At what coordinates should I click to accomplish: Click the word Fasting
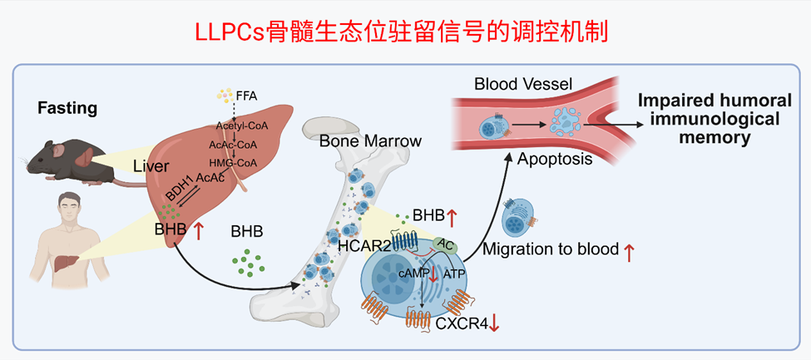coord(67,108)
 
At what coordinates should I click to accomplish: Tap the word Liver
coord(151,168)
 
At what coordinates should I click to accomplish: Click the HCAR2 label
coord(365,246)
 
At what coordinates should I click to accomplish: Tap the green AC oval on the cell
coord(447,247)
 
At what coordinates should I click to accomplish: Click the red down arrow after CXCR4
coord(495,324)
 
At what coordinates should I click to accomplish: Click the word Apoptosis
coord(555,158)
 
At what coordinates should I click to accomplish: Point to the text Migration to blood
coord(550,249)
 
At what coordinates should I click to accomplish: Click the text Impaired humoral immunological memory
coord(708,119)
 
